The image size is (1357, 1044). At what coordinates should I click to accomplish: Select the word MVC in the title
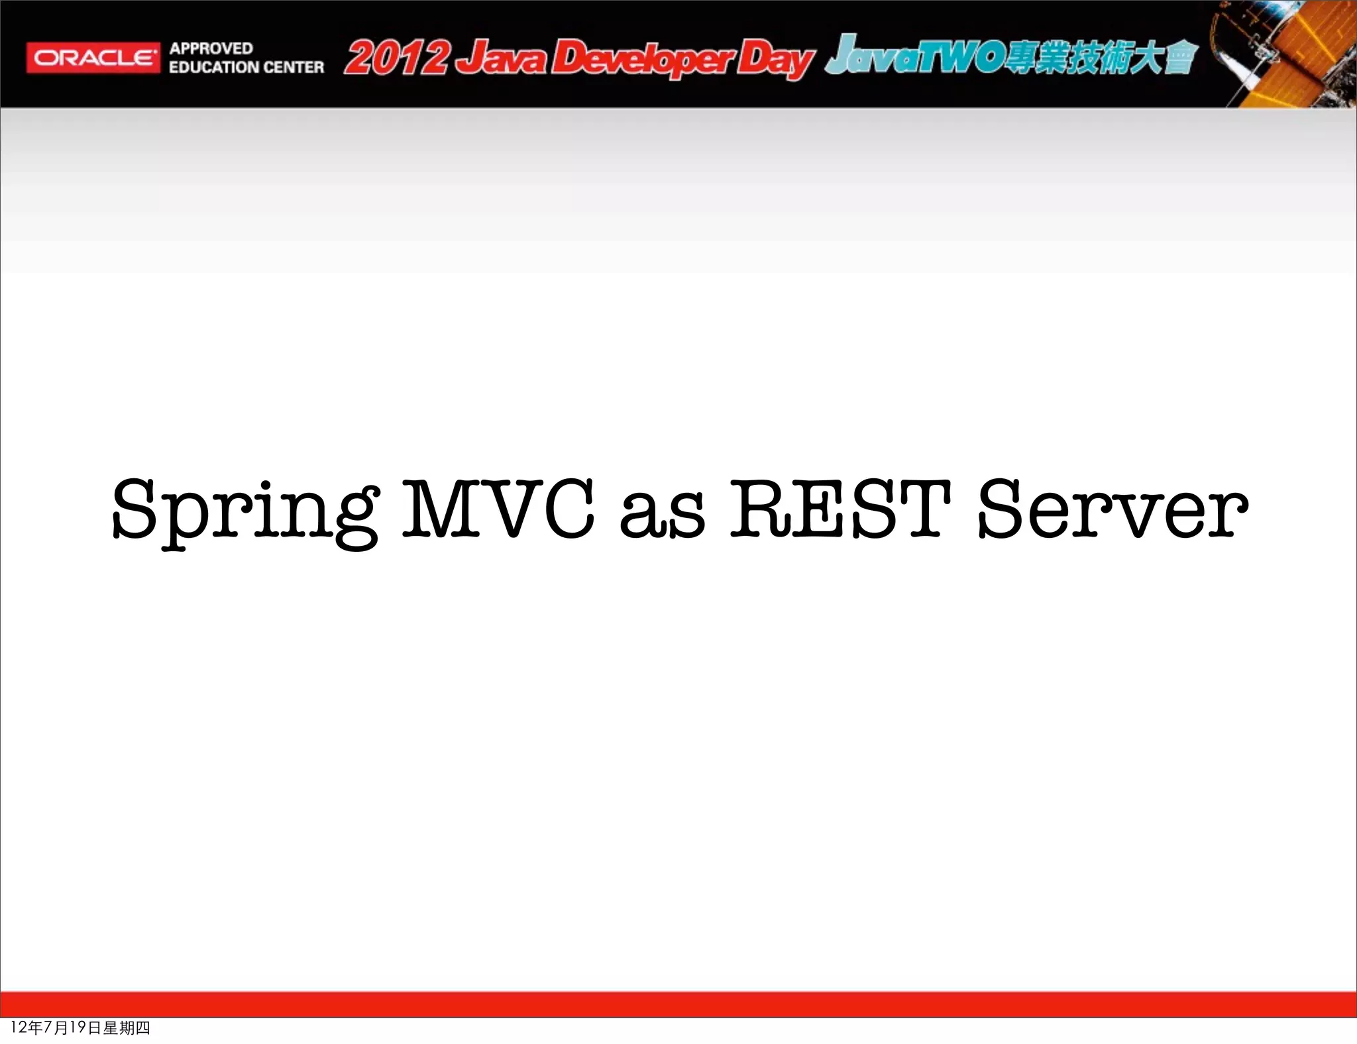498,509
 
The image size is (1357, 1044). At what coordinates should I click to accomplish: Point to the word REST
840,509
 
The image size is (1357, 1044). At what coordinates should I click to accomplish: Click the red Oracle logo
93,58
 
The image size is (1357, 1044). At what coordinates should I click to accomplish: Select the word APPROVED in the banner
211,48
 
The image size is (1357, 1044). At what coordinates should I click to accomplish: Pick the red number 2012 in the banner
396,58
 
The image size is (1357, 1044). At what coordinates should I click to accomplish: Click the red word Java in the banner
505,58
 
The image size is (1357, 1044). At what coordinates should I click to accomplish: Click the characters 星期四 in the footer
127,1027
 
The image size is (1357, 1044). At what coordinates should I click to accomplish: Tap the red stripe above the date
678,1004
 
